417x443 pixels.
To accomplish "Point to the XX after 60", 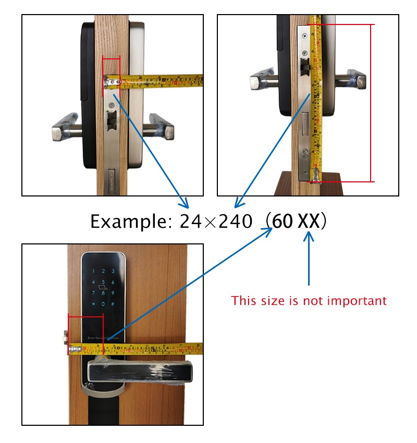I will click(308, 222).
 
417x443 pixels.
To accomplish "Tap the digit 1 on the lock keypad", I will click(93, 271).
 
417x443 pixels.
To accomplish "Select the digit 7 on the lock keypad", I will click(93, 293).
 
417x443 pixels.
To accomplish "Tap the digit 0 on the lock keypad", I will click(103, 304).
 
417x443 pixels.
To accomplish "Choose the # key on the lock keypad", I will click(112, 304).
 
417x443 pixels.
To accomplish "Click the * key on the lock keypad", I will click(93, 304).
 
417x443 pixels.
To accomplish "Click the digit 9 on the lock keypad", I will click(112, 293).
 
